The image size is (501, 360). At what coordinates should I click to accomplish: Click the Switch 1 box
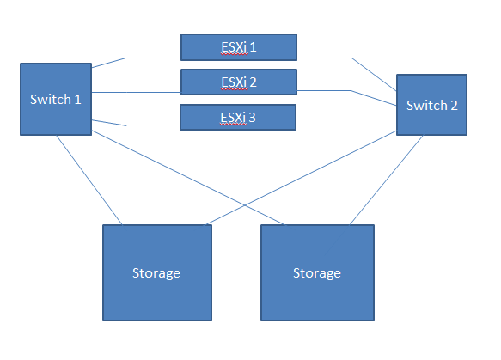pyautogui.click(x=56, y=99)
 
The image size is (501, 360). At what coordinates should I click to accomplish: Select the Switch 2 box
pyautogui.click(x=431, y=105)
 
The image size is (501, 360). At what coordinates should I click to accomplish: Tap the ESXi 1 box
pyautogui.click(x=239, y=47)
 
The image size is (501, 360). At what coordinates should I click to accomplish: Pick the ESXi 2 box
pyautogui.click(x=239, y=82)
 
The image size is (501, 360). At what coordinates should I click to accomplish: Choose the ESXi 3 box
pyautogui.click(x=238, y=117)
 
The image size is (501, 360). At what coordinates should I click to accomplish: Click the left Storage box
pyautogui.click(x=157, y=272)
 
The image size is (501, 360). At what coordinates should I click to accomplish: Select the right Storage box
pyautogui.click(x=317, y=272)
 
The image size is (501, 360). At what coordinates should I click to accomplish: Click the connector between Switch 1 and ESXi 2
pyautogui.click(x=136, y=92)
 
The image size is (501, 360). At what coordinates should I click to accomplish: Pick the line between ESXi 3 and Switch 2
pyautogui.click(x=346, y=125)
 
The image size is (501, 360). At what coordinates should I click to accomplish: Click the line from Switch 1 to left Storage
pyautogui.click(x=89, y=180)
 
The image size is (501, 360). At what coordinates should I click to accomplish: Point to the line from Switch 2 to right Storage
pyautogui.click(x=387, y=180)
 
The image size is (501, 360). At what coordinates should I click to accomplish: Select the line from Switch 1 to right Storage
pyautogui.click(x=188, y=178)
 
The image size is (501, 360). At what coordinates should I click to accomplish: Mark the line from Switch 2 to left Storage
pyautogui.click(x=301, y=178)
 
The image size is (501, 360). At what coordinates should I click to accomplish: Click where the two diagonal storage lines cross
pyautogui.click(x=244, y=205)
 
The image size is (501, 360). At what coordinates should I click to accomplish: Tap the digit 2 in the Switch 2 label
pyautogui.click(x=454, y=105)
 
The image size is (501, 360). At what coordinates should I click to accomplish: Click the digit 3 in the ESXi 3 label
pyautogui.click(x=252, y=117)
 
